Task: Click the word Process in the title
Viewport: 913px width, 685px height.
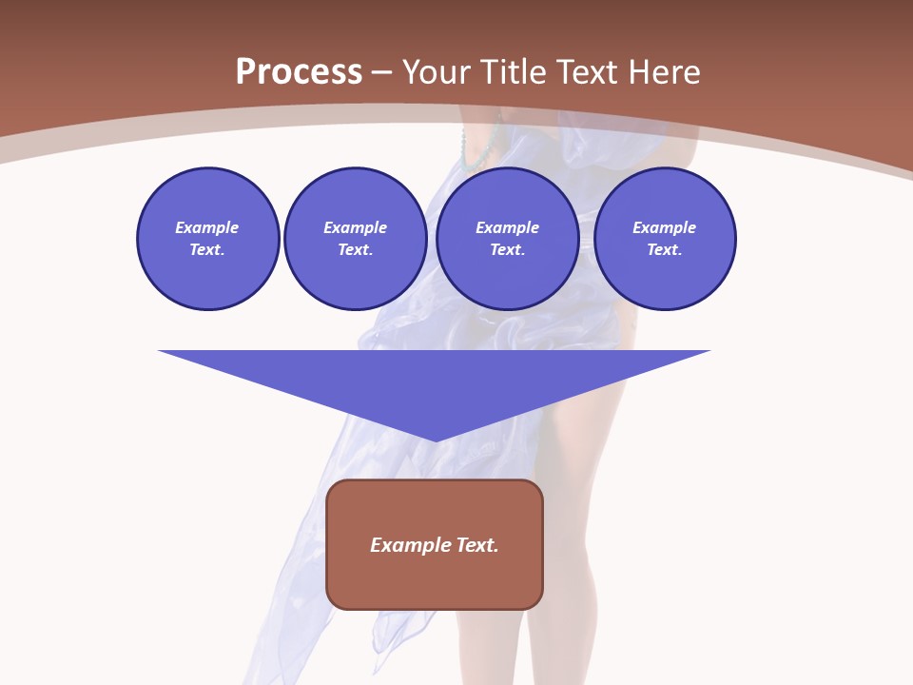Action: click(299, 72)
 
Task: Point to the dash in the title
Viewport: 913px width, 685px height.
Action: click(382, 73)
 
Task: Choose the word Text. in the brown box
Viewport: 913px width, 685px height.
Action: click(476, 545)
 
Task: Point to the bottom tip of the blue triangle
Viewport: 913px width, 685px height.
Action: click(436, 440)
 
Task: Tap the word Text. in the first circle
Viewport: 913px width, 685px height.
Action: click(207, 250)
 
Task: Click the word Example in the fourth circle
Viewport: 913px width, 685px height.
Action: click(665, 227)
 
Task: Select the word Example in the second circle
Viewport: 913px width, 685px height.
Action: click(355, 227)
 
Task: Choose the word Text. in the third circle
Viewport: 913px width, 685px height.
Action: click(507, 250)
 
